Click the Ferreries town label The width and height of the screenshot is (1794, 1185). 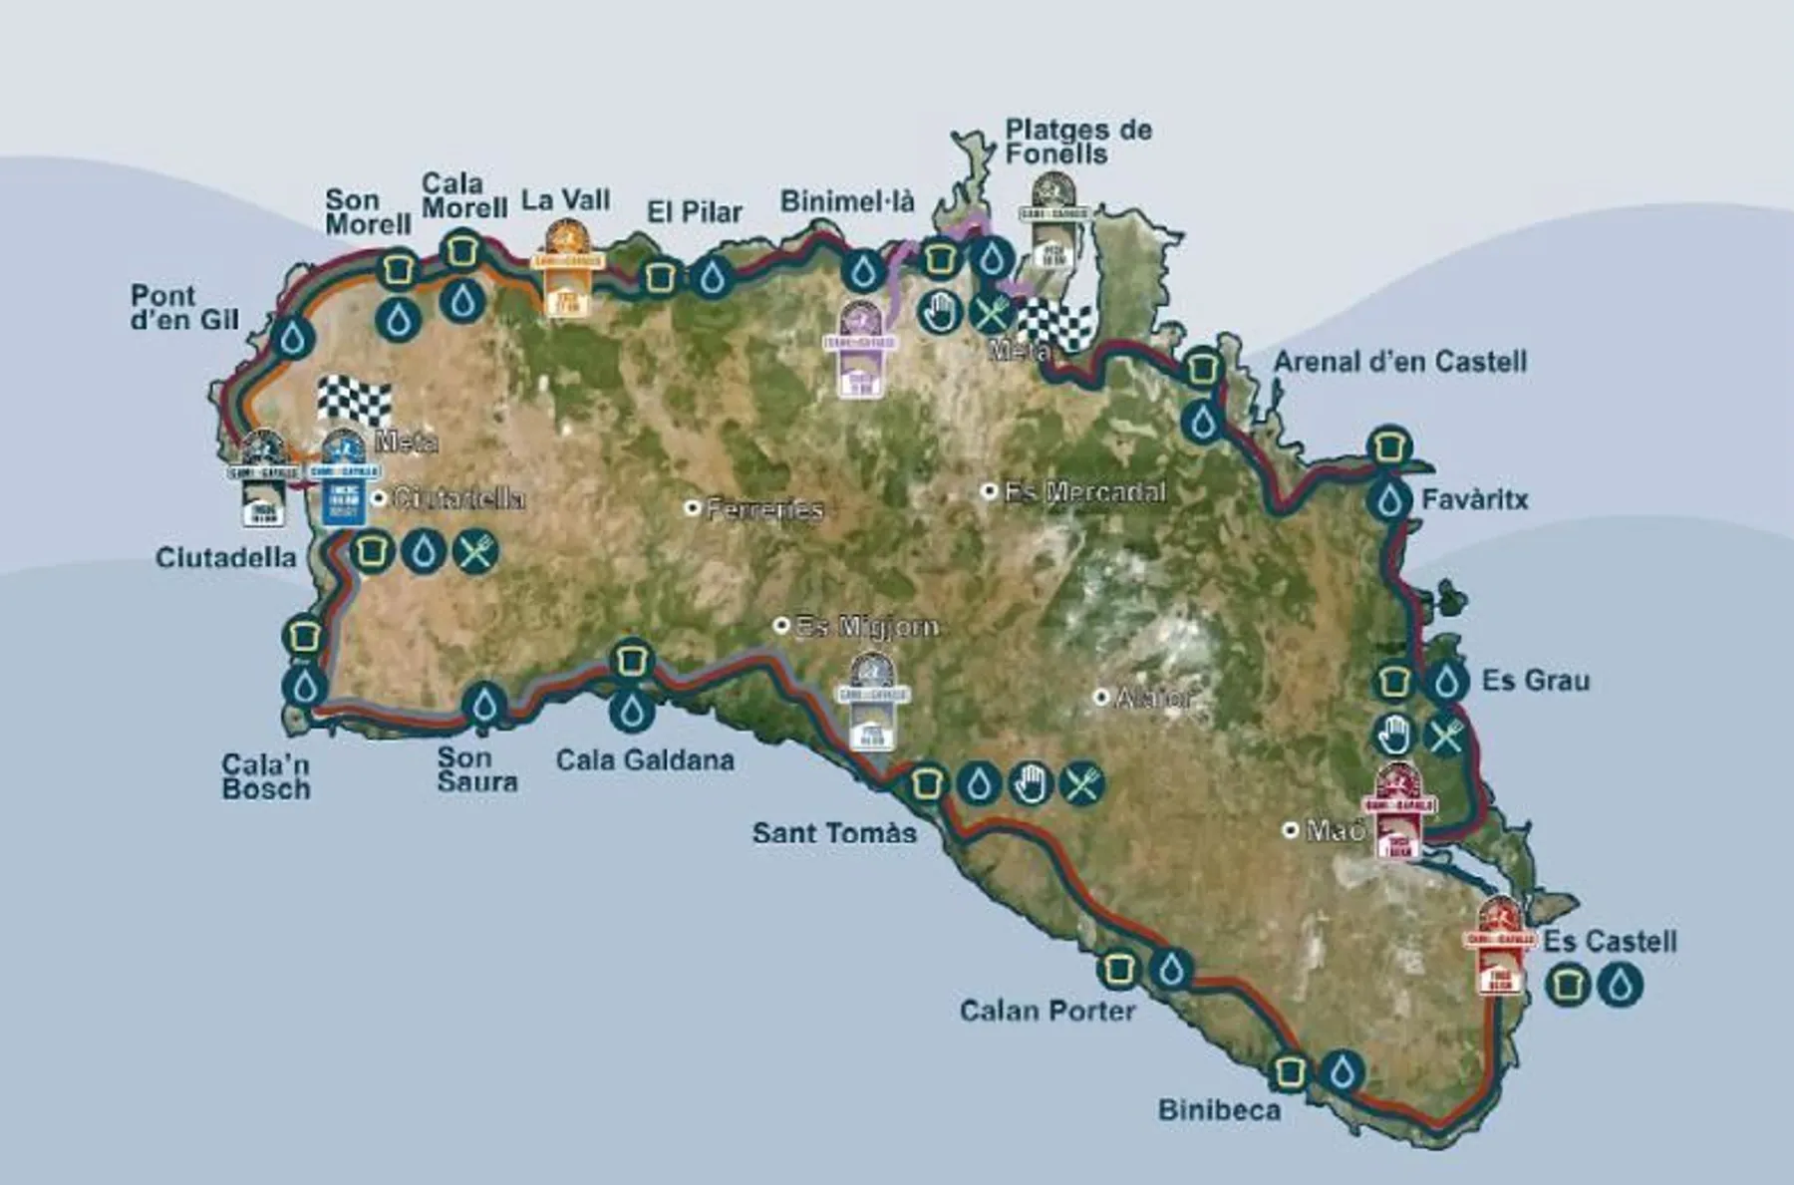pos(764,509)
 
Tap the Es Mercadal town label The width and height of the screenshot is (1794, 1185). pos(1084,491)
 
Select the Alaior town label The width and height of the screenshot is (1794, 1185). pos(1153,698)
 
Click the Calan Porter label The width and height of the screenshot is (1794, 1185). pos(1047,1011)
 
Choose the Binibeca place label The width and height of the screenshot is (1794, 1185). pos(1219,1110)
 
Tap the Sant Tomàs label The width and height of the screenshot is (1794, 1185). pos(834,832)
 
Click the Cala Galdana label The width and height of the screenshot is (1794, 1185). pos(645,760)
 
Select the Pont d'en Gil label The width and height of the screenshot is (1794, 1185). pos(184,308)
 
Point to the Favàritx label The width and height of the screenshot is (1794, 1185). pos(1474,499)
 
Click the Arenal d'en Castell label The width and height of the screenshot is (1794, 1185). pos(1399,361)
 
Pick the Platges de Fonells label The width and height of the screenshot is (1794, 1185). pos(1078,142)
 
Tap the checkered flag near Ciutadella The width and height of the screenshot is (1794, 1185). pos(354,401)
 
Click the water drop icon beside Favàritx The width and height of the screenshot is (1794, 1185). pos(1389,500)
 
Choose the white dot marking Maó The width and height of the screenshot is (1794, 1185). pos(1291,829)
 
